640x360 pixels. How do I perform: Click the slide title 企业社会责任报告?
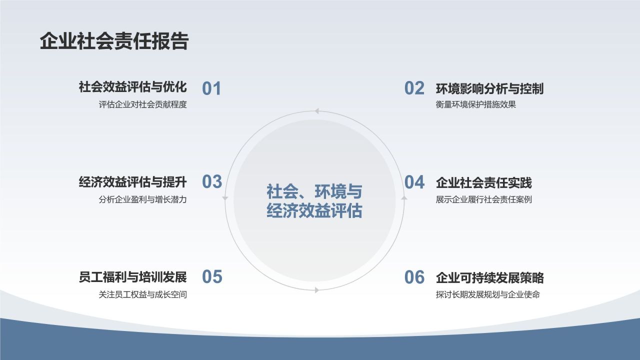coord(114,41)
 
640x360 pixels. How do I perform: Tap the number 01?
coord(211,88)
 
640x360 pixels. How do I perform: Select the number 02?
coord(414,88)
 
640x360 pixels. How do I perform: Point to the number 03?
coord(212,182)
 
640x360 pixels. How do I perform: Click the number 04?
coord(414,182)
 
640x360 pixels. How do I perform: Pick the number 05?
coord(212,276)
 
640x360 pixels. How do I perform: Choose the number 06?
coord(414,277)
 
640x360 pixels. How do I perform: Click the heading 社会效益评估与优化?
coord(132,87)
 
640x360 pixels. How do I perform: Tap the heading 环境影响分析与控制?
coord(489,89)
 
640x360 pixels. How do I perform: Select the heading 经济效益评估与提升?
coord(132,182)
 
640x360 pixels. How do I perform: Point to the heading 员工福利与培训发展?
coord(132,277)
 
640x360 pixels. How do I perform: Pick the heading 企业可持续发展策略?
coord(489,278)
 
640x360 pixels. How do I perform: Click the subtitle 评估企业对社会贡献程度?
coord(142,105)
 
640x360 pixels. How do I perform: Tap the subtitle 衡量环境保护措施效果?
coord(475,105)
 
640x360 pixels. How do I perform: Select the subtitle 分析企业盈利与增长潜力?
coord(142,199)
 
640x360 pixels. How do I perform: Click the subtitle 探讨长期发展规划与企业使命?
coord(487,294)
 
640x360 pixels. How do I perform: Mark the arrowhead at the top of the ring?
coord(316,111)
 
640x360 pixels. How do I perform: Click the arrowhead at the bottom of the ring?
coord(316,290)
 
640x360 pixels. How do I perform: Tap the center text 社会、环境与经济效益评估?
coord(314,201)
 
